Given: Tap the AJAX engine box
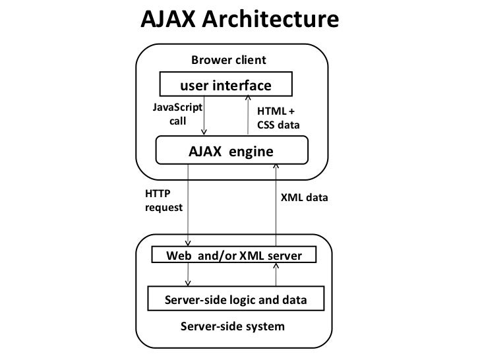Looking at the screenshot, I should (x=231, y=150).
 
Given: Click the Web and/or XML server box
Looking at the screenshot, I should (x=233, y=255).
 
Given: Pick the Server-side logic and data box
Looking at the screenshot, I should (x=235, y=300).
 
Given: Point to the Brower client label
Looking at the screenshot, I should (x=229, y=61).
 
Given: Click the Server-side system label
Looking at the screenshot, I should (x=233, y=326).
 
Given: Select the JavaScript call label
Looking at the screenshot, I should (x=177, y=114).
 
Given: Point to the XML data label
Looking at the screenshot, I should (x=304, y=198).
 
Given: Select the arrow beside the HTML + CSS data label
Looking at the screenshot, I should (x=246, y=116).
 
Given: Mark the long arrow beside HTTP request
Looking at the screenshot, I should (x=189, y=204).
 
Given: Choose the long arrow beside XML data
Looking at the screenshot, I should (x=277, y=204).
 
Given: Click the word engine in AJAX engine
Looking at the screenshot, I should (x=251, y=151).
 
